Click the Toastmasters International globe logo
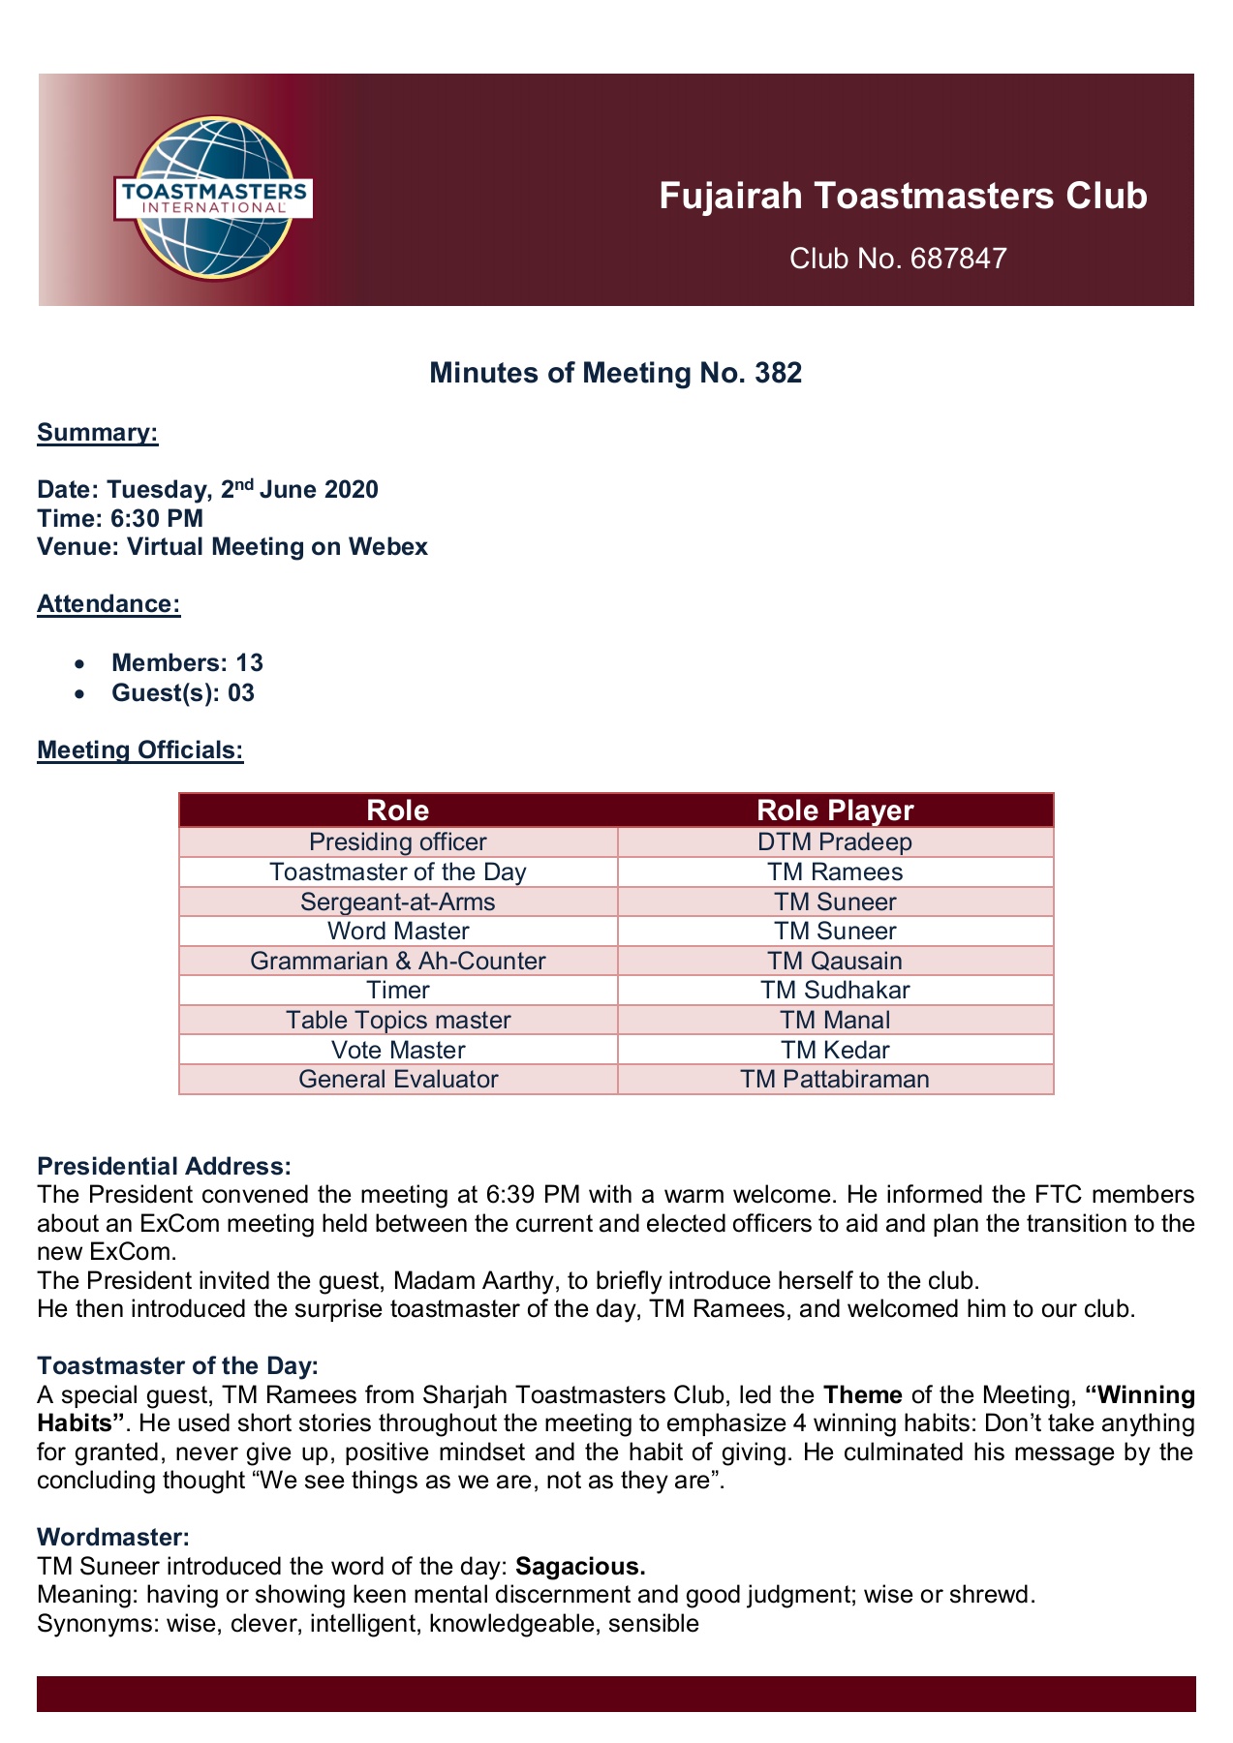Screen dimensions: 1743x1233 click(212, 197)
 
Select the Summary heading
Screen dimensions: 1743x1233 click(97, 432)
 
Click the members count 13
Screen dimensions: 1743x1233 click(249, 663)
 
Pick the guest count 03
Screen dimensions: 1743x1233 click(240, 692)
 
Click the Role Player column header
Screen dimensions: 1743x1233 click(835, 810)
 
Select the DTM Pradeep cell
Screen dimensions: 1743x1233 click(835, 842)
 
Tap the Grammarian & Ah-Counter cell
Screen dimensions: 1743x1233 click(398, 961)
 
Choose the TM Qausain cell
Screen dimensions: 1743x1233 click(835, 961)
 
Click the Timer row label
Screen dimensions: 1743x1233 click(398, 990)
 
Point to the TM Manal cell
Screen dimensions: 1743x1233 click(835, 1020)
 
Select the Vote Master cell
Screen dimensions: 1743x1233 click(398, 1050)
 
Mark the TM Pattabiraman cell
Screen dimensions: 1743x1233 click(835, 1079)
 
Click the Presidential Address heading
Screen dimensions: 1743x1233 click(164, 1166)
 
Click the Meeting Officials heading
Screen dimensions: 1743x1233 click(139, 749)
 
